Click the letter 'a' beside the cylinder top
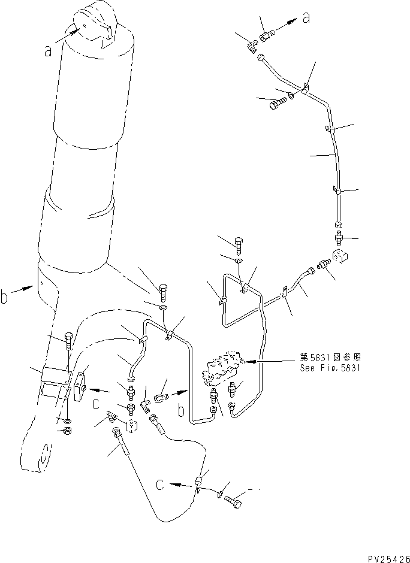pyautogui.click(x=48, y=51)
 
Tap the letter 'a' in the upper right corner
pyautogui.click(x=306, y=17)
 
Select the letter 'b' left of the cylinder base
pyautogui.click(x=4, y=297)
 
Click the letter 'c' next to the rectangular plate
pyautogui.click(x=95, y=404)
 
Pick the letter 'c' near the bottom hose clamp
pyautogui.click(x=160, y=485)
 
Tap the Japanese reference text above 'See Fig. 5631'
pyautogui.click(x=330, y=358)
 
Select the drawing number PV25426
pyautogui.click(x=388, y=559)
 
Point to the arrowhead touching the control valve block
pyautogui.click(x=248, y=362)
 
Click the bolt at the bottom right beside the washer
pyautogui.click(x=234, y=501)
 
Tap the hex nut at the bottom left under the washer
pyautogui.click(x=67, y=431)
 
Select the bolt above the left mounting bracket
pyautogui.click(x=68, y=341)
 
